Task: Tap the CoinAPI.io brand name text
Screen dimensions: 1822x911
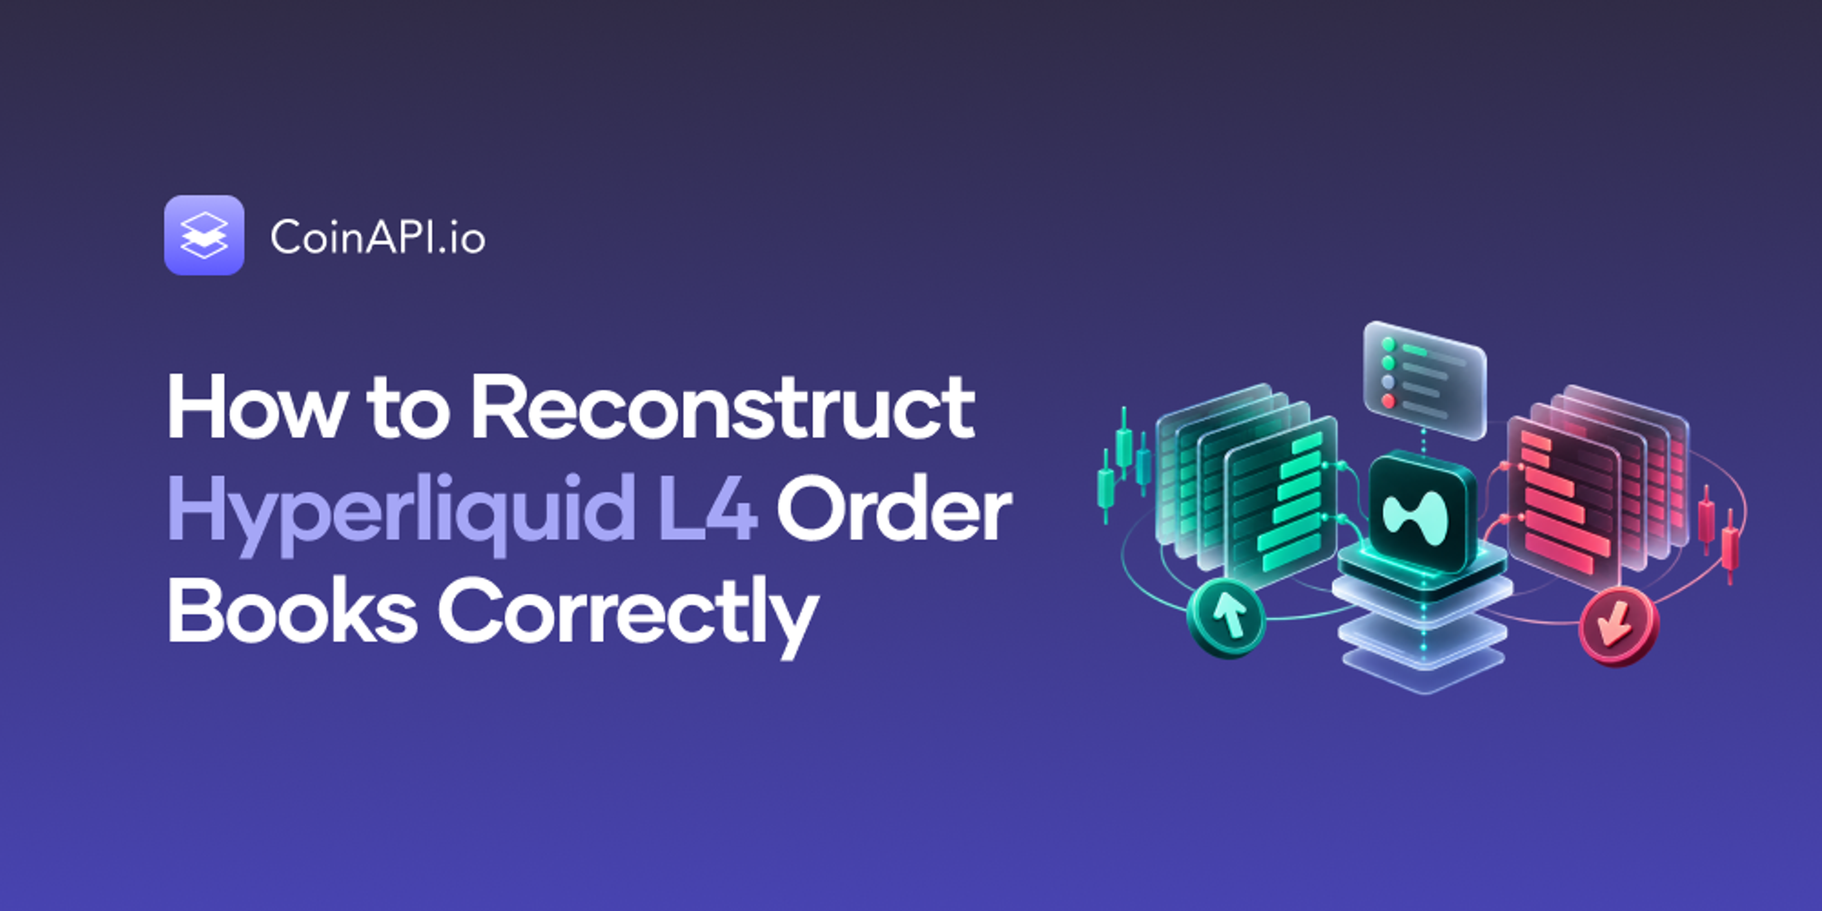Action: (378, 236)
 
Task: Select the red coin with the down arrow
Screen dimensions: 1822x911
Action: (1618, 627)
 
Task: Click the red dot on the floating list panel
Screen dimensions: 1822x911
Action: (1388, 401)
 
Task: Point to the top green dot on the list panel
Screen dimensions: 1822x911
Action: (1388, 344)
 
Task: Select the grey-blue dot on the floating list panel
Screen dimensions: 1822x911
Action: (1388, 382)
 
